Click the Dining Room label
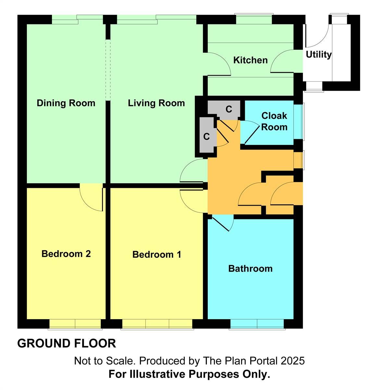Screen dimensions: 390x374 point(66,103)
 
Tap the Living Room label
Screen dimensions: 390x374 point(156,103)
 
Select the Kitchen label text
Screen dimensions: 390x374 point(250,60)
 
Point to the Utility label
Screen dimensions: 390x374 point(318,55)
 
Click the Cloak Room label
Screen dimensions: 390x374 point(274,121)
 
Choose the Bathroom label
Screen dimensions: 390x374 point(250,268)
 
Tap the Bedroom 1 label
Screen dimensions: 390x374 point(157,254)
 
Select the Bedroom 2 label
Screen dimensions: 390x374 point(66,254)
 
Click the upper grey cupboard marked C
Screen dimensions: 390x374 point(229,109)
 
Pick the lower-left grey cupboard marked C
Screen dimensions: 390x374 point(206,136)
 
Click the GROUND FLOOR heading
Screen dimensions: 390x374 point(67,344)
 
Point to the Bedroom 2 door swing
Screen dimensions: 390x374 point(92,198)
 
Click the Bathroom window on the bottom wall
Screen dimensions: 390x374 point(257,324)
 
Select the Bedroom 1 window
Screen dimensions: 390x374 point(157,324)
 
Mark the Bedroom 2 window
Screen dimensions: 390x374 point(75,324)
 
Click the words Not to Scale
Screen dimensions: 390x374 point(104,361)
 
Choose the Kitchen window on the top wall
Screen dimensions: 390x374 point(254,19)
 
